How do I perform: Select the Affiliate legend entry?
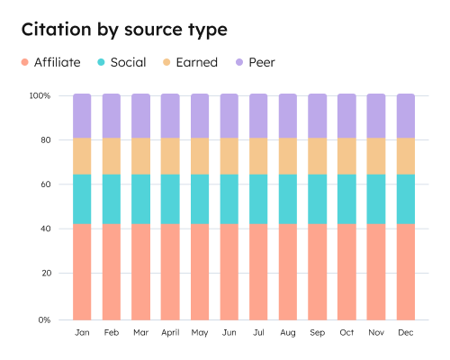point(51,62)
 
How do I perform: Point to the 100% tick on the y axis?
point(40,95)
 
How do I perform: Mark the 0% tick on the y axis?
point(42,319)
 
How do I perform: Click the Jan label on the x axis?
point(82,333)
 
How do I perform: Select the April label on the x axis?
point(170,333)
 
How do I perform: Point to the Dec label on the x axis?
point(406,333)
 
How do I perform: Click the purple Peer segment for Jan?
point(82,115)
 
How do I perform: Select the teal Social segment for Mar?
point(140,199)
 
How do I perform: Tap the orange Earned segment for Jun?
point(229,156)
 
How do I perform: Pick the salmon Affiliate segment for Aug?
point(288,271)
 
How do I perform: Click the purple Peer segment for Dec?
point(406,115)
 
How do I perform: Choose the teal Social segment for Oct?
point(346,199)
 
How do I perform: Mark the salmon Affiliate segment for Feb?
point(112,271)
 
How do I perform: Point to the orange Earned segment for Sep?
point(318,156)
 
